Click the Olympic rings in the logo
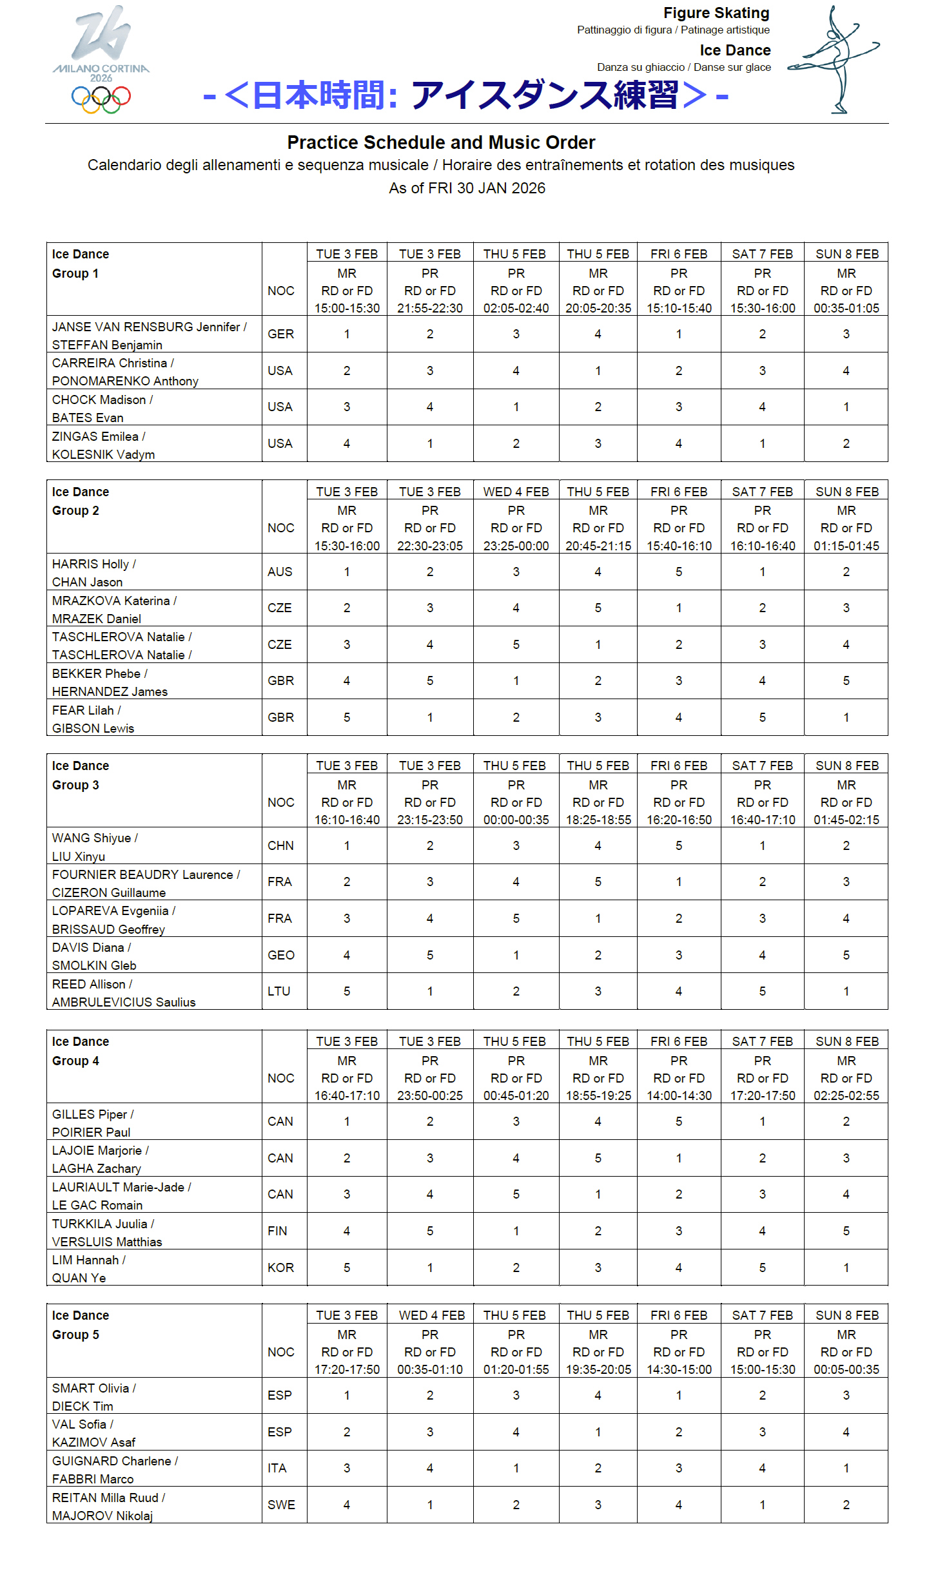click(101, 99)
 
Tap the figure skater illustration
click(834, 59)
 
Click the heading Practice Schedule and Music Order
click(441, 142)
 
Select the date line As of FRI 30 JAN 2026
click(467, 188)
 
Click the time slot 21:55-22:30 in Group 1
click(430, 308)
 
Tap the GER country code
click(281, 334)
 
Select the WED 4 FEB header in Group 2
click(516, 492)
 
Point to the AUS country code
click(280, 572)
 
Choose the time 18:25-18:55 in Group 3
click(598, 820)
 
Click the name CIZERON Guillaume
click(109, 892)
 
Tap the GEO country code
click(281, 955)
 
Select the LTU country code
click(279, 991)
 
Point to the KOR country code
click(281, 1268)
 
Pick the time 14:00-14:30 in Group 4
click(679, 1095)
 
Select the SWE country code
click(282, 1505)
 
